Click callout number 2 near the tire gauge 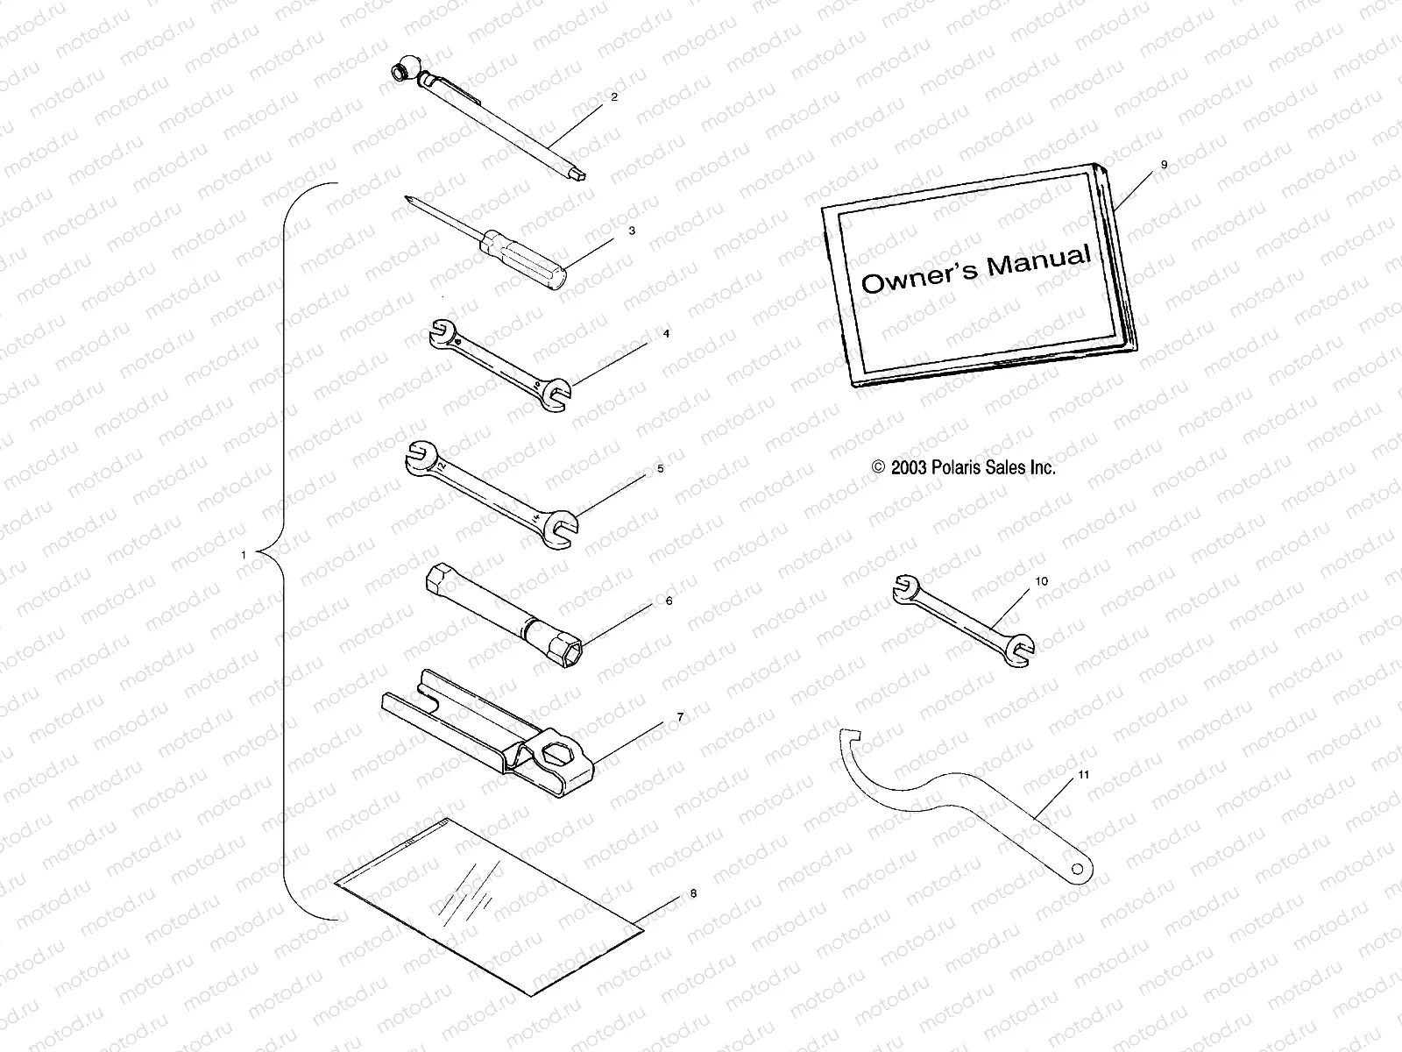[614, 97]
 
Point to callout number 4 [666, 334]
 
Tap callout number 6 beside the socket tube [669, 601]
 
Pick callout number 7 [680, 717]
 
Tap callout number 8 [693, 894]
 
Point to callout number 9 [1164, 165]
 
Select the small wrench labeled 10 [962, 615]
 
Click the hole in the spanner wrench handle [1080, 869]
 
